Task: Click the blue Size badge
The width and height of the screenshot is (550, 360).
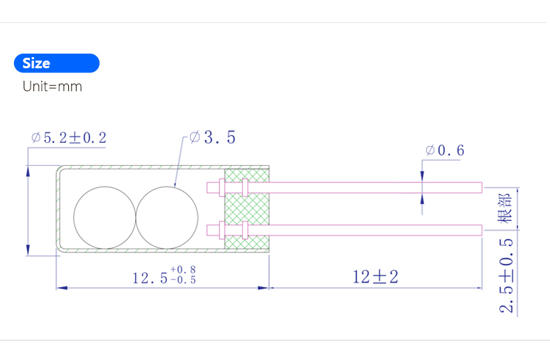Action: tap(56, 63)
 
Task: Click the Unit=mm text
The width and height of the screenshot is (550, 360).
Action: tap(52, 86)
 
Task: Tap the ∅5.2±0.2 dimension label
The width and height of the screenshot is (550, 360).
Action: tap(69, 137)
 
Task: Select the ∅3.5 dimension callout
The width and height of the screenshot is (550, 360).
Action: tap(212, 137)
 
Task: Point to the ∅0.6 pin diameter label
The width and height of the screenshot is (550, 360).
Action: tap(445, 150)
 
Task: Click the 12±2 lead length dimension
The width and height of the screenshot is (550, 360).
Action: tap(375, 277)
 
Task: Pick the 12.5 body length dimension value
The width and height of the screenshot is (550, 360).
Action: tap(150, 279)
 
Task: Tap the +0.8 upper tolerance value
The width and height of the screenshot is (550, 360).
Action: tap(183, 269)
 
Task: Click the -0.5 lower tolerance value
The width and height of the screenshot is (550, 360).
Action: tap(183, 280)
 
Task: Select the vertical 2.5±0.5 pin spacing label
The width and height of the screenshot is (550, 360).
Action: tap(506, 276)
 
